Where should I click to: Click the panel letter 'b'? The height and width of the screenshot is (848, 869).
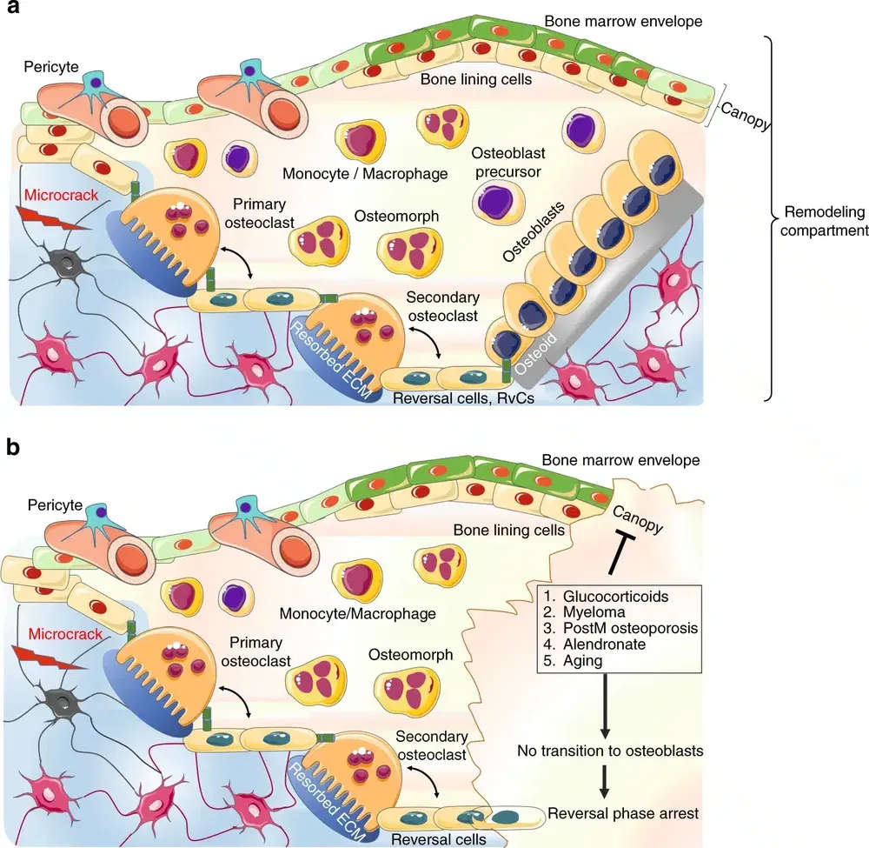[x=13, y=447]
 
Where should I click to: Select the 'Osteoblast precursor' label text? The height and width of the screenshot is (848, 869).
[x=507, y=162]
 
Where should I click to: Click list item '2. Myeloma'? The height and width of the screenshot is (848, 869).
[x=579, y=612]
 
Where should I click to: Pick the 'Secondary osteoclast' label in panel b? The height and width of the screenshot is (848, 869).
[x=431, y=745]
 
